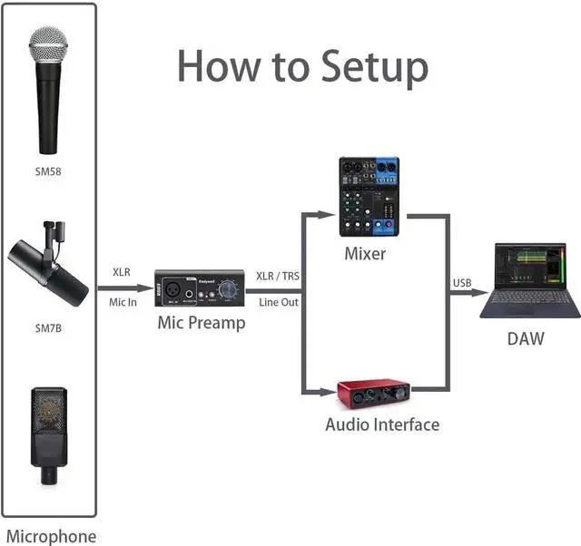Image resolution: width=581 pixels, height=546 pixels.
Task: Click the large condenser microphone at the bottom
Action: [x=51, y=431]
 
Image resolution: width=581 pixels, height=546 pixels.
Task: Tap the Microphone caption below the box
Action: [x=51, y=536]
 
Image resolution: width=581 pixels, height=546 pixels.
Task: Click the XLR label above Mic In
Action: [x=122, y=272]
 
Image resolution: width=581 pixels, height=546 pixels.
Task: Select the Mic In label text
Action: [x=123, y=301]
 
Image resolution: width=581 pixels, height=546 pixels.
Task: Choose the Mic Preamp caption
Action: [x=202, y=323]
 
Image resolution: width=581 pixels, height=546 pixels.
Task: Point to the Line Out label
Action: [x=279, y=302]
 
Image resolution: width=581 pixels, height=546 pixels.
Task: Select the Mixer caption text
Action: [x=364, y=253]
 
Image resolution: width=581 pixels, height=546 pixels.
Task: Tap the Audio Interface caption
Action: [x=382, y=424]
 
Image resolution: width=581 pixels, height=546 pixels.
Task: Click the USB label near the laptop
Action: [x=463, y=284]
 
